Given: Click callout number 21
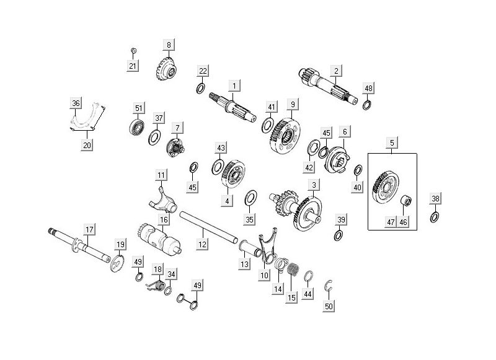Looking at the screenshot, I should coord(133,66).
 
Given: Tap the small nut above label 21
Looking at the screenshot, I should coord(133,50).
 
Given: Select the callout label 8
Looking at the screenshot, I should coord(169,45).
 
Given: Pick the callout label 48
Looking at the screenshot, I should coord(368,88).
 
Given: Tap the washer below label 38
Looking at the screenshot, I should coord(435,217).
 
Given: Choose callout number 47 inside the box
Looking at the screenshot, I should coord(391,221).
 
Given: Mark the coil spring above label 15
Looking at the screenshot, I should coord(293,271).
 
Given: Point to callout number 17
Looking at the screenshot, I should coord(89,230).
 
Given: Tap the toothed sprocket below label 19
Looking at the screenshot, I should coord(116,264).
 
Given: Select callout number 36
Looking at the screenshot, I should coord(76,103).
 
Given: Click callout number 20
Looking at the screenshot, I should coord(87,145).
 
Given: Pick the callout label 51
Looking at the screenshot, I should coord(139,108).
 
